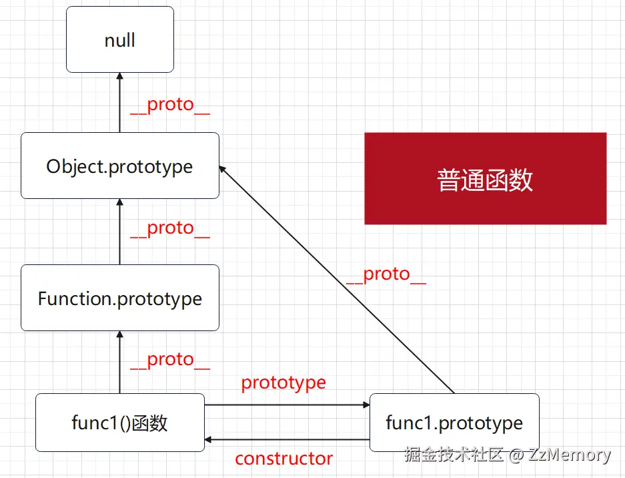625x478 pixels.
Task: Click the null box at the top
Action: click(x=120, y=39)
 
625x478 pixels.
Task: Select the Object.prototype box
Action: click(x=120, y=166)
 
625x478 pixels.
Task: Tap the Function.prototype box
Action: click(x=120, y=298)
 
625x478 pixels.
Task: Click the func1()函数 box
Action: click(x=120, y=422)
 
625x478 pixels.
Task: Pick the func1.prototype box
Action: click(x=454, y=422)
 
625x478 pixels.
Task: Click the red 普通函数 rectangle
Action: click(x=485, y=179)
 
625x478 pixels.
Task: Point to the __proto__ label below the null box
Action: click(x=170, y=105)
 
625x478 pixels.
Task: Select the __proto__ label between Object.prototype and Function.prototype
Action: click(x=170, y=228)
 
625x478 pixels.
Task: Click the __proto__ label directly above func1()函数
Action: click(x=170, y=360)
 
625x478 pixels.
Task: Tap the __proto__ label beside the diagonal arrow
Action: click(x=386, y=274)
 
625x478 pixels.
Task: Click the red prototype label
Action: click(x=283, y=383)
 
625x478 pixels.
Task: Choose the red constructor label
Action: click(x=283, y=459)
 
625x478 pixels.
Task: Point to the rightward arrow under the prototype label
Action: click(x=287, y=405)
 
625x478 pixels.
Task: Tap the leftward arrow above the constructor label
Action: click(x=287, y=440)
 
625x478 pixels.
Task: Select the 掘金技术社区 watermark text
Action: click(x=454, y=455)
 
